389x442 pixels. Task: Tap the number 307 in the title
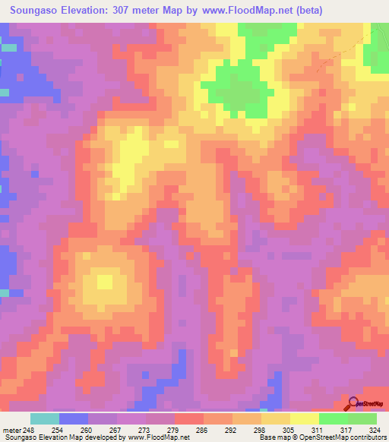pos(141,11)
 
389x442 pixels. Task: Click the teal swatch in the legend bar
pos(45,418)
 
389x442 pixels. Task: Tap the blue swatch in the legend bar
pos(74,418)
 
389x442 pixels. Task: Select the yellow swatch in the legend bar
pos(305,418)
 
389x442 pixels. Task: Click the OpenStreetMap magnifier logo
pos(354,403)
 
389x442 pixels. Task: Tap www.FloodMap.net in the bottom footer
pos(159,437)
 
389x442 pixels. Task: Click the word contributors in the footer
pos(365,437)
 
